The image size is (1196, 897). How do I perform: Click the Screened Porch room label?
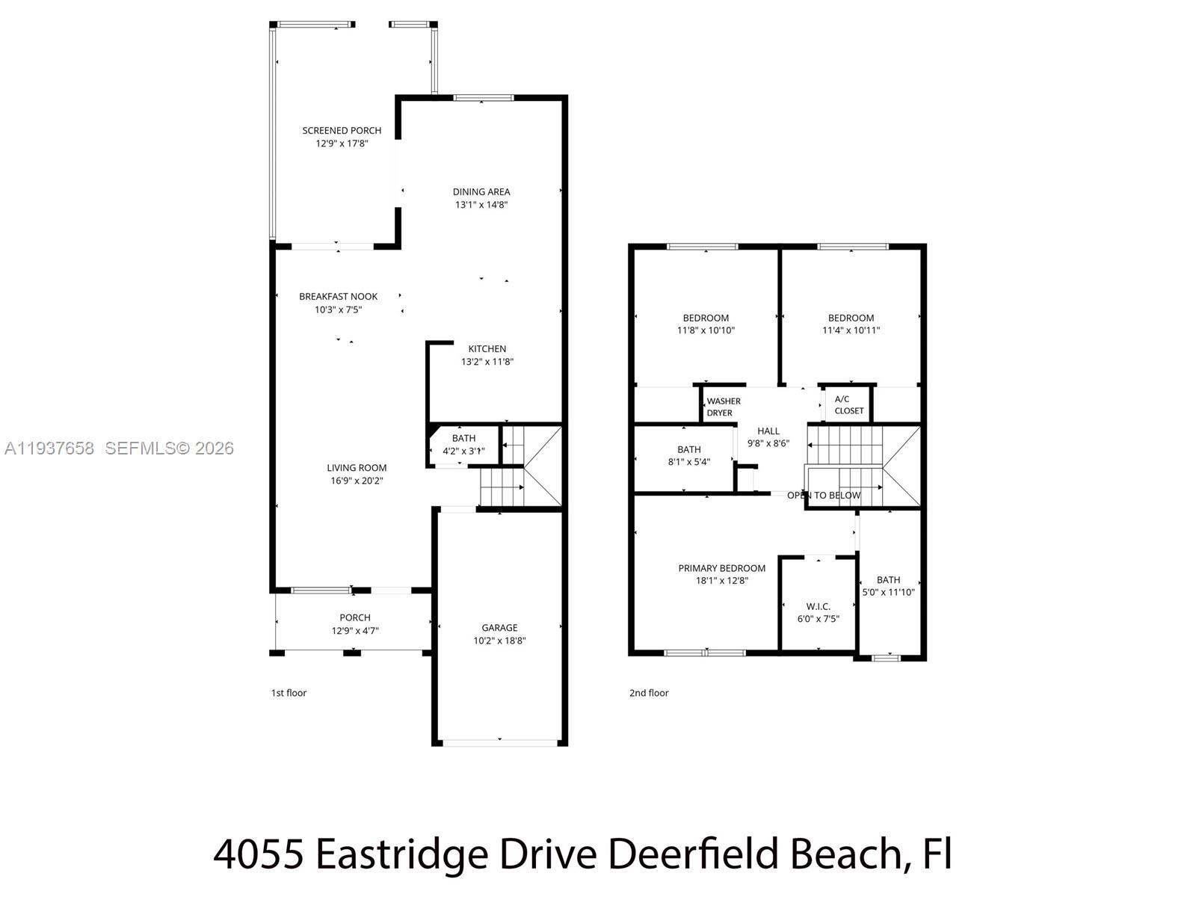(342, 131)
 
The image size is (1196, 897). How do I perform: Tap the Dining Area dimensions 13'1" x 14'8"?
(481, 205)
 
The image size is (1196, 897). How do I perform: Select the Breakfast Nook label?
(338, 297)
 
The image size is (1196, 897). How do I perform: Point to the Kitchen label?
(487, 349)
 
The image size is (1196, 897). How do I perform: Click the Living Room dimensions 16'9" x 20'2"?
(357, 481)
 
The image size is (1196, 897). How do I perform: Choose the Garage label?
(499, 628)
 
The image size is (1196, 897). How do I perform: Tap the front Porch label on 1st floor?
(355, 617)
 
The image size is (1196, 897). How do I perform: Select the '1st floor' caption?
(289, 693)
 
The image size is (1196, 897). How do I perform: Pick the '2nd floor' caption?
(649, 693)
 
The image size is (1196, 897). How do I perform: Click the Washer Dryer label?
(723, 407)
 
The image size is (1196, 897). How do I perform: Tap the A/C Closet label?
(848, 405)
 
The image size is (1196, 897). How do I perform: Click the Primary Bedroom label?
(721, 568)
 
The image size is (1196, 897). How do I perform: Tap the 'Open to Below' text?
(824, 496)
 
